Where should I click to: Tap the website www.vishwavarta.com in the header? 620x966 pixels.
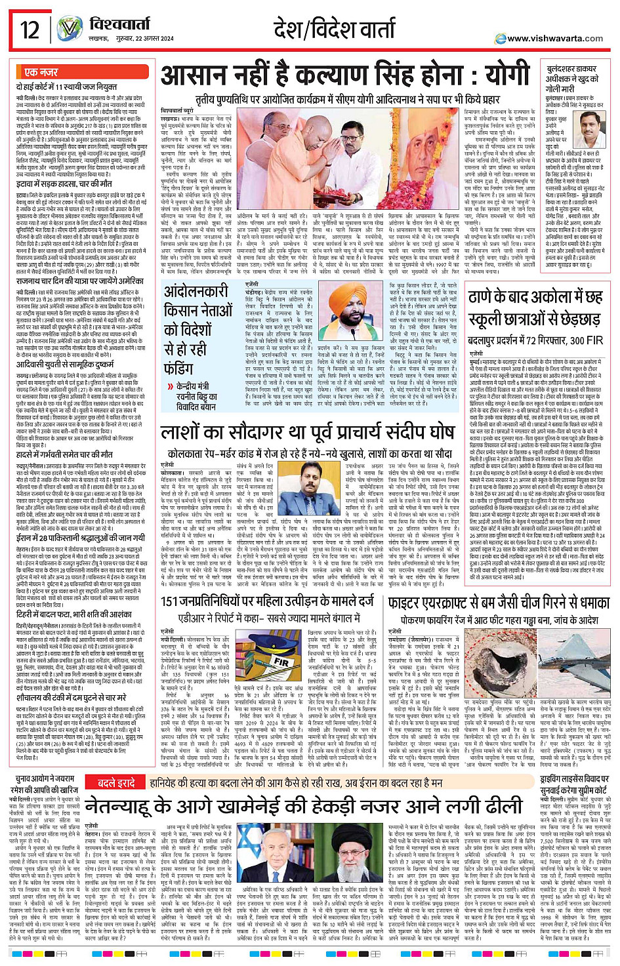[554, 39]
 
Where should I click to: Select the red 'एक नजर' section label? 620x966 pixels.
[41, 72]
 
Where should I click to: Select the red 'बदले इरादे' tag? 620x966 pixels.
[117, 782]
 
